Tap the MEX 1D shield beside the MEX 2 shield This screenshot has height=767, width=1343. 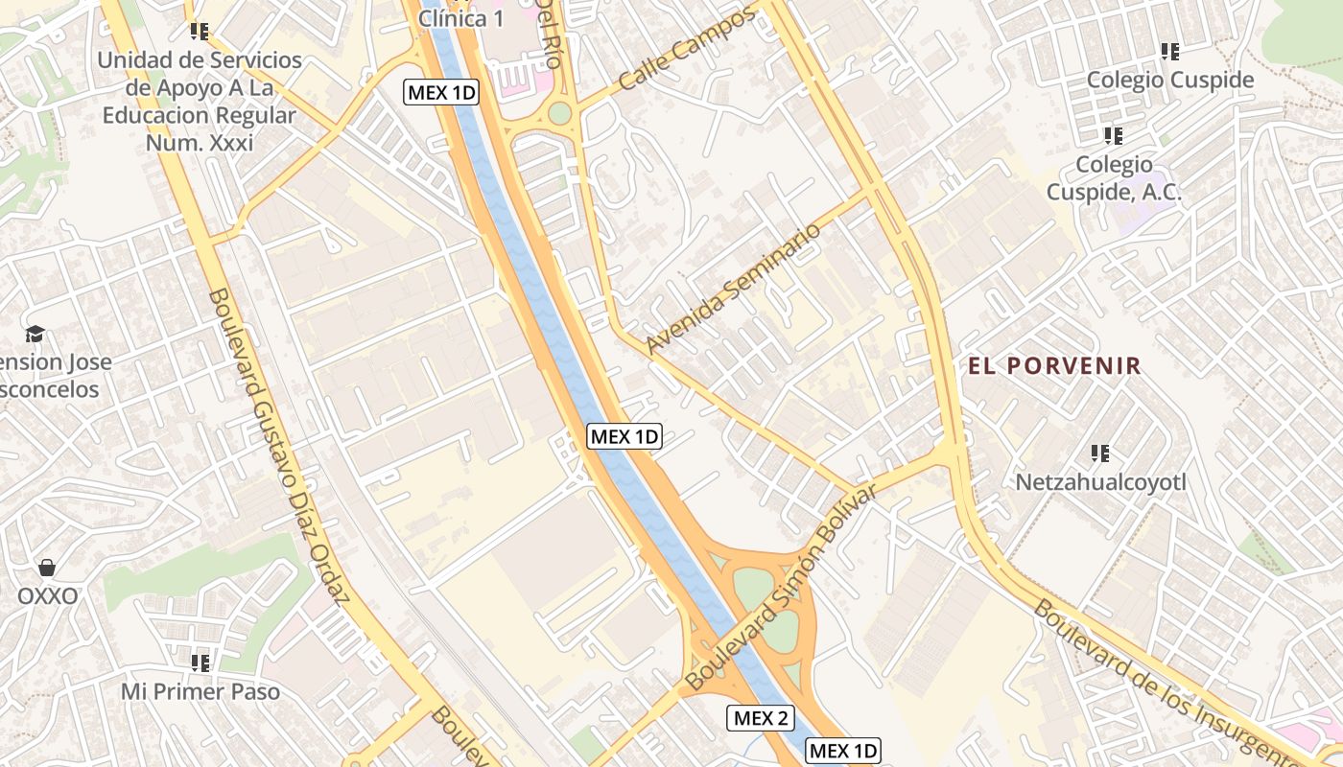(842, 751)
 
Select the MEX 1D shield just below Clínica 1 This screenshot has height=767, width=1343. (441, 92)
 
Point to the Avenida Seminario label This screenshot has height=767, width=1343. (734, 289)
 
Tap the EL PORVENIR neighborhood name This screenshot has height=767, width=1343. (1054, 365)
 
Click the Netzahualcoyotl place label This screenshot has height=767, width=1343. (1100, 481)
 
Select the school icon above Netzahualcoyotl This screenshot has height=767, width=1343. (1100, 453)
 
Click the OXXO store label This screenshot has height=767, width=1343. (47, 596)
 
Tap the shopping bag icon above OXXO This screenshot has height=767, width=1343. (47, 568)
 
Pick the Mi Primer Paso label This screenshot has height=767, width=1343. (200, 691)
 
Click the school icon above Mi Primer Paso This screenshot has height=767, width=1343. (200, 662)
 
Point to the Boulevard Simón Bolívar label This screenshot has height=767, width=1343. (782, 589)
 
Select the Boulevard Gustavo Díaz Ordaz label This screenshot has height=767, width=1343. (278, 446)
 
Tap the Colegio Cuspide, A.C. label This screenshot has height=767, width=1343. (1114, 178)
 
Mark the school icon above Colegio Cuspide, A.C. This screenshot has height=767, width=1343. (1113, 136)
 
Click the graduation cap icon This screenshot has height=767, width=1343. (35, 334)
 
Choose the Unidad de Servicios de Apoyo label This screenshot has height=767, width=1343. (200, 101)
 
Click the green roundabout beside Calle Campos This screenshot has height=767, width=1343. (559, 113)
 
